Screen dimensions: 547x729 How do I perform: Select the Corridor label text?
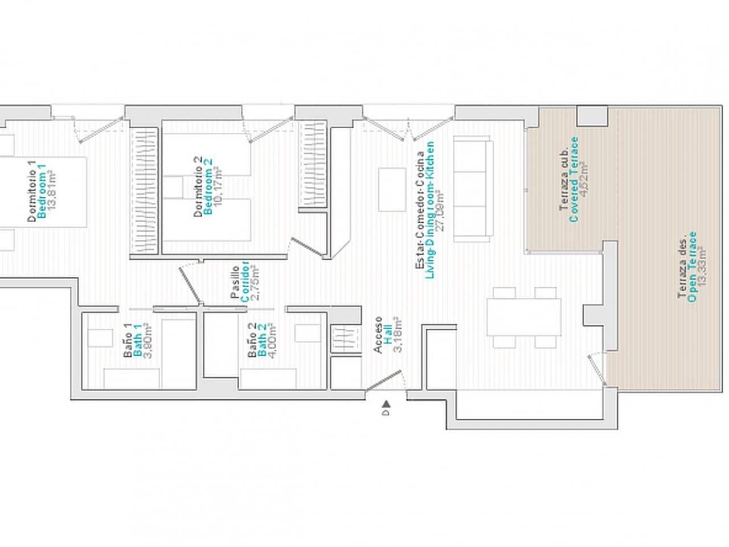click(245, 281)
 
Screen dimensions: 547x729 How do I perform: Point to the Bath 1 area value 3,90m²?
click(146, 340)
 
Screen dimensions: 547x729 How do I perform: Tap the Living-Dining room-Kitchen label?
click(430, 210)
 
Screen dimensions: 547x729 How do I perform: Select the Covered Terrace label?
click(574, 179)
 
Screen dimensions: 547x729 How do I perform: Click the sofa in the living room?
click(472, 189)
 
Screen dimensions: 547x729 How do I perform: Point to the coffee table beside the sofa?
click(390, 189)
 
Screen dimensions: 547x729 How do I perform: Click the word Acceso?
click(378, 335)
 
